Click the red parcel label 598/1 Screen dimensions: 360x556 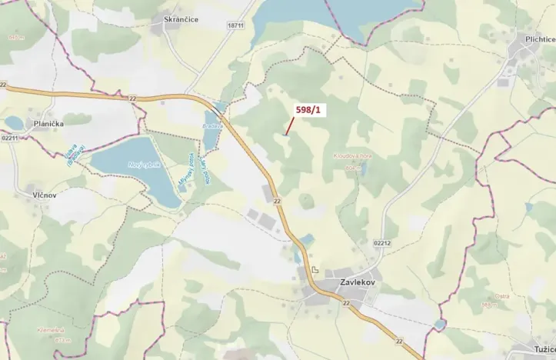pyautogui.click(x=310, y=111)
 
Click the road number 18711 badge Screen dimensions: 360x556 pyautogui.click(x=235, y=25)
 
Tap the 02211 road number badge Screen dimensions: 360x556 pyautogui.click(x=9, y=137)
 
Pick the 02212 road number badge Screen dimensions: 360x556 pyautogui.click(x=382, y=243)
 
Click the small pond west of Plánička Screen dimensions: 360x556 pyautogui.click(x=15, y=122)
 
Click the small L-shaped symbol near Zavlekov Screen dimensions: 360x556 pyautogui.click(x=315, y=269)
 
